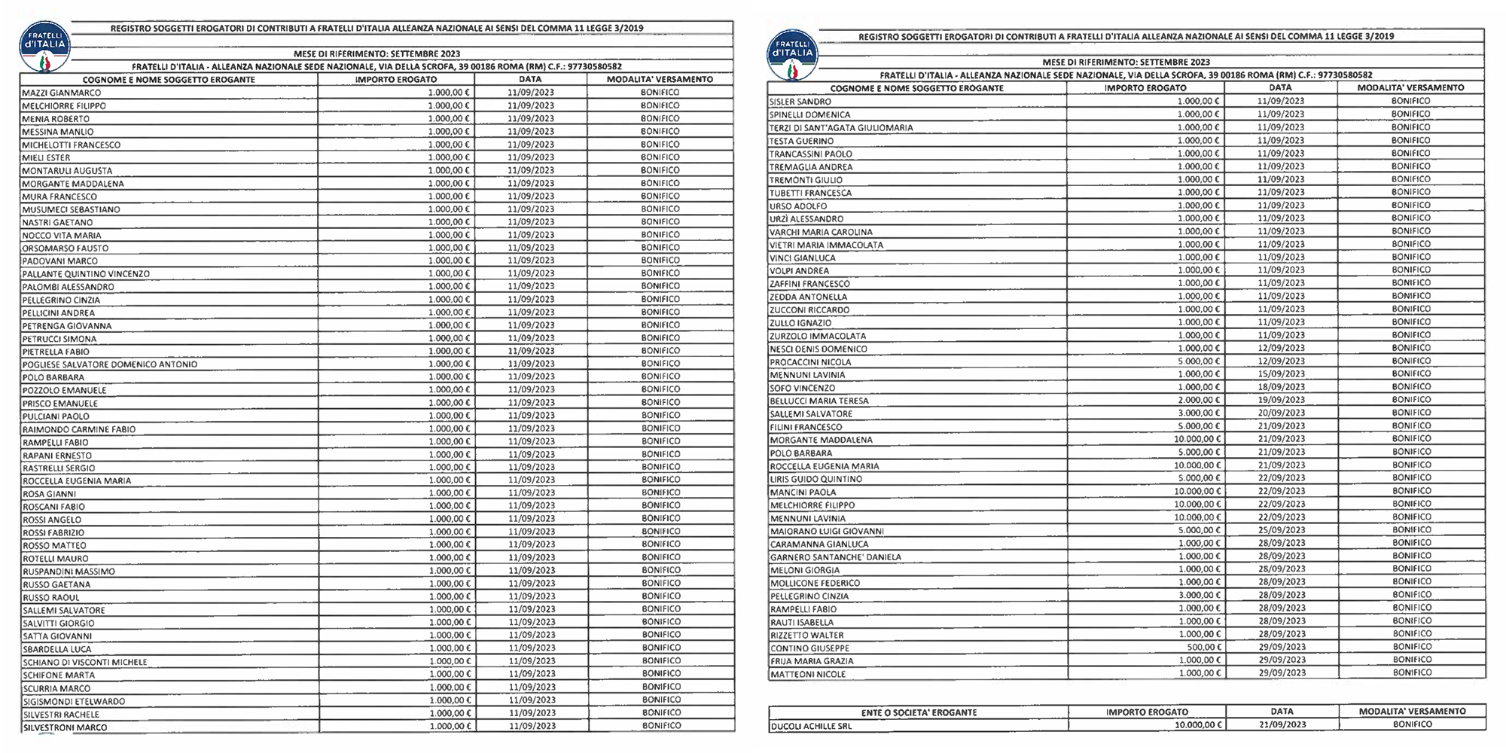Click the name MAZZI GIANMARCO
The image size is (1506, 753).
click(62, 93)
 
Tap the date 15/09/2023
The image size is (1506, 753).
click(1281, 374)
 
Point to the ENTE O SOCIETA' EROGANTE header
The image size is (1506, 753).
click(919, 712)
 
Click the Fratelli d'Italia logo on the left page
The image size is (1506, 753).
click(46, 50)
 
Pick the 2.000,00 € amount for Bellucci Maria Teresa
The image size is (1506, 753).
click(1199, 400)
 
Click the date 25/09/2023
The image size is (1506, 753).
click(1281, 530)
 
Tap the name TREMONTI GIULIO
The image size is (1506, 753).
click(806, 180)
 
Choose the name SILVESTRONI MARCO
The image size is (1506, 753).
click(65, 727)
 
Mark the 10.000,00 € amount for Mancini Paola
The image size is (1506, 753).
click(1197, 491)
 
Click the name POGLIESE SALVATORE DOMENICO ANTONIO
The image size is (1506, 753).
click(110, 364)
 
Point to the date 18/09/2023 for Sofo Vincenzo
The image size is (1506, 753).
click(1281, 387)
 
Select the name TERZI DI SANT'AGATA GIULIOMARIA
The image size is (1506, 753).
click(840, 128)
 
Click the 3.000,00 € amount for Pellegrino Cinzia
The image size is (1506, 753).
click(1199, 595)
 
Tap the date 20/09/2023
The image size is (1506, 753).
click(1281, 413)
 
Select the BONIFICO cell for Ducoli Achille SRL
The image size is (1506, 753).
click(1412, 724)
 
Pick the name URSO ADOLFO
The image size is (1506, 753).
click(798, 206)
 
